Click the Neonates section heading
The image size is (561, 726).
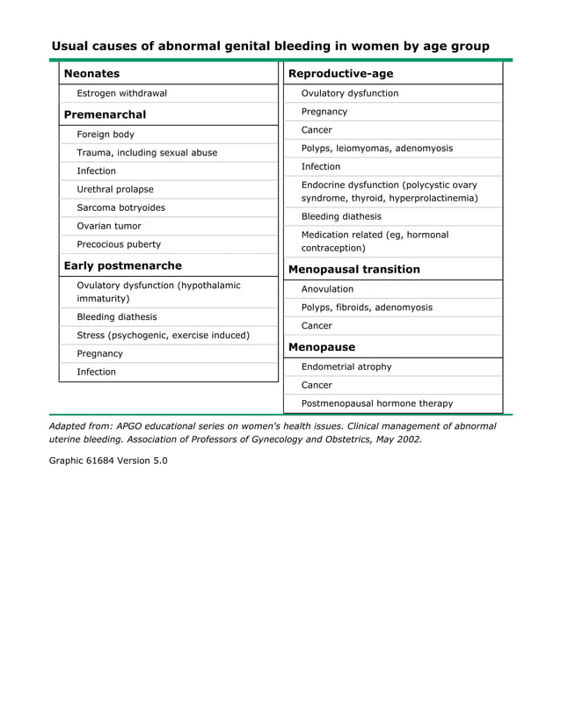click(91, 73)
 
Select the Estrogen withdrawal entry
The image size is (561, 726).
click(121, 93)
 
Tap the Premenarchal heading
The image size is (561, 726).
click(105, 114)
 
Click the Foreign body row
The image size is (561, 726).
click(106, 134)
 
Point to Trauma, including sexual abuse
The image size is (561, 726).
click(147, 153)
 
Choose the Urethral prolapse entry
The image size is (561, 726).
click(114, 189)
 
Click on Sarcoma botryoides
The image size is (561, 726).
click(120, 207)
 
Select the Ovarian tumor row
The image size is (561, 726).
click(108, 226)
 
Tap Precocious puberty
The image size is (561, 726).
click(119, 244)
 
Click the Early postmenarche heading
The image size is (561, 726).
click(122, 265)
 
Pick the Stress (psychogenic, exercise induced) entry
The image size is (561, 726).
click(163, 335)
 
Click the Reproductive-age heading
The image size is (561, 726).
click(340, 73)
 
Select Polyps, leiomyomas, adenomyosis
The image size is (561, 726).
click(376, 149)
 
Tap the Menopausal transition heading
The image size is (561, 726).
click(353, 269)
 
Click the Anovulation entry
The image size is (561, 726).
click(327, 289)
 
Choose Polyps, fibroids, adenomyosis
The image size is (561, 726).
click(367, 308)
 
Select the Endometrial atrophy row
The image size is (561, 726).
click(346, 367)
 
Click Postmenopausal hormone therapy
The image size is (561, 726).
click(376, 403)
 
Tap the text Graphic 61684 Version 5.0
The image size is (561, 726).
click(107, 461)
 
